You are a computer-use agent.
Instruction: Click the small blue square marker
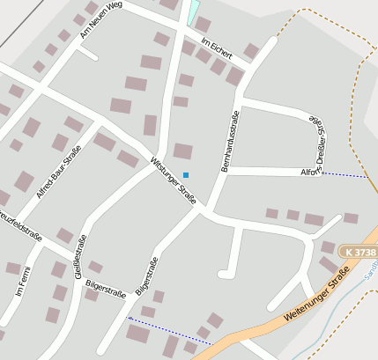pos(185,174)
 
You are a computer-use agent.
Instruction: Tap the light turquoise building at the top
pos(193,11)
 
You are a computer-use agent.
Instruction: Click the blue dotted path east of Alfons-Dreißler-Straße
pos(344,175)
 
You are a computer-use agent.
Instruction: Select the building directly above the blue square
pos(183,151)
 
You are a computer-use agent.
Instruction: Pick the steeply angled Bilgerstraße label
pos(145,276)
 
